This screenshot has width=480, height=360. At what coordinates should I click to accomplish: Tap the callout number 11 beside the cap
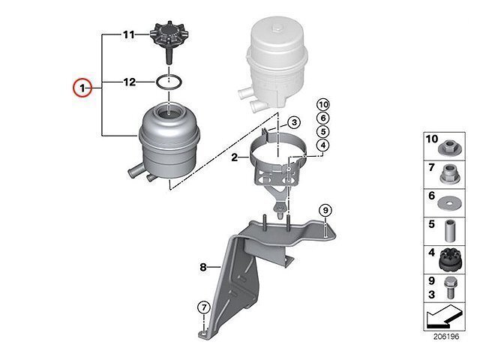[x=127, y=34]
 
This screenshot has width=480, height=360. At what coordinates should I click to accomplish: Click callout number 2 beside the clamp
[x=234, y=158]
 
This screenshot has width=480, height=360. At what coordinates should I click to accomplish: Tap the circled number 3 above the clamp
[x=294, y=122]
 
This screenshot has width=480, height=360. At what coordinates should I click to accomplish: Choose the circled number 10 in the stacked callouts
[x=323, y=104]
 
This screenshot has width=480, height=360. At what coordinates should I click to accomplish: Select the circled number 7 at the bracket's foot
[x=202, y=306]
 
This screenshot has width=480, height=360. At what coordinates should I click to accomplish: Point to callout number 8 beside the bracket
[x=202, y=265]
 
